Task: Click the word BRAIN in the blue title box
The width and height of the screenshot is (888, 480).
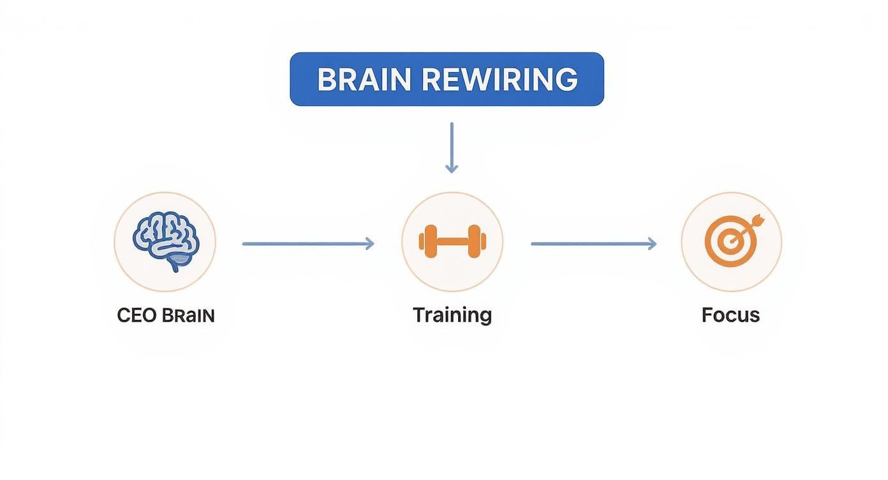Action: (x=364, y=80)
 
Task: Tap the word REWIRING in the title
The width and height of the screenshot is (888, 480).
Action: (x=500, y=80)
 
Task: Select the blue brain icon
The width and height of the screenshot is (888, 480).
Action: (x=165, y=241)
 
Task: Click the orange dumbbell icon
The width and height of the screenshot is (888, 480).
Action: (x=452, y=242)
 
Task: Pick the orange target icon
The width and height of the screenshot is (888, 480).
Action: (x=731, y=241)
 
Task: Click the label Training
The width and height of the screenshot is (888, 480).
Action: (x=452, y=315)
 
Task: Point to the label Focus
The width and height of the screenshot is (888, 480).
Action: (x=730, y=315)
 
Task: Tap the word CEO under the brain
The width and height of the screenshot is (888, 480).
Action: (x=137, y=315)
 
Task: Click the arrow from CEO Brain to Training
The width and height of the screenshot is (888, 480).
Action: (x=307, y=243)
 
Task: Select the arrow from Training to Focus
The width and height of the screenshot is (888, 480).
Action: (x=593, y=243)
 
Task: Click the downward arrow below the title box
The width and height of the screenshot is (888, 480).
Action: (x=452, y=147)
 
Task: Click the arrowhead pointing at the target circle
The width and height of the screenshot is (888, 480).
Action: (x=652, y=243)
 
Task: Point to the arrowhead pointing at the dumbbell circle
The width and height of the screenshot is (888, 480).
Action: (x=369, y=243)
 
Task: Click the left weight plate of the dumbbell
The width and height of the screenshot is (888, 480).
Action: (x=427, y=242)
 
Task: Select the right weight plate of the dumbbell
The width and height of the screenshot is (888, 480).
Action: (x=477, y=242)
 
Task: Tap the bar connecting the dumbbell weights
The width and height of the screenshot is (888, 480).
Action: (x=452, y=242)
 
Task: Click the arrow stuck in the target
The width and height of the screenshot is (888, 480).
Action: (x=751, y=223)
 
